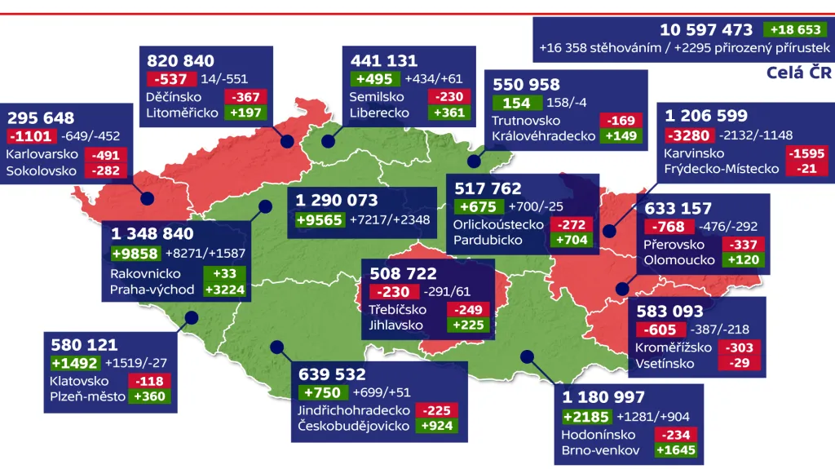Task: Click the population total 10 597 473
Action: (706, 30)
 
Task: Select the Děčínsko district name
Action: (175, 96)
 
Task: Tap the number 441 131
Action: (384, 61)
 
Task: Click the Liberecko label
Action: (379, 113)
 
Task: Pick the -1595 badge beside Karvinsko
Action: (805, 153)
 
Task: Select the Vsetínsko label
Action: (665, 363)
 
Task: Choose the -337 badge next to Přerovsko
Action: (740, 244)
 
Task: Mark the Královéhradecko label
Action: (544, 136)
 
